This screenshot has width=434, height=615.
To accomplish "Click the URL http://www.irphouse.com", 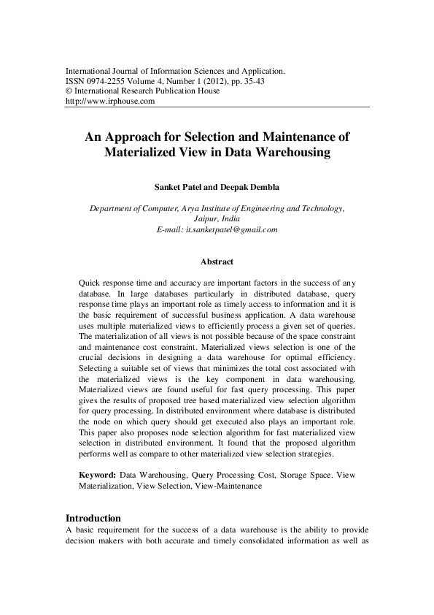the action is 110,102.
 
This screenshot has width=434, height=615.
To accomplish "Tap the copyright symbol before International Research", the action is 69,91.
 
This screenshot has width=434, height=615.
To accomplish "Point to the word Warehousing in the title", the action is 290,153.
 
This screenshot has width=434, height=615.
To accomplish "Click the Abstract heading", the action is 217,261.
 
